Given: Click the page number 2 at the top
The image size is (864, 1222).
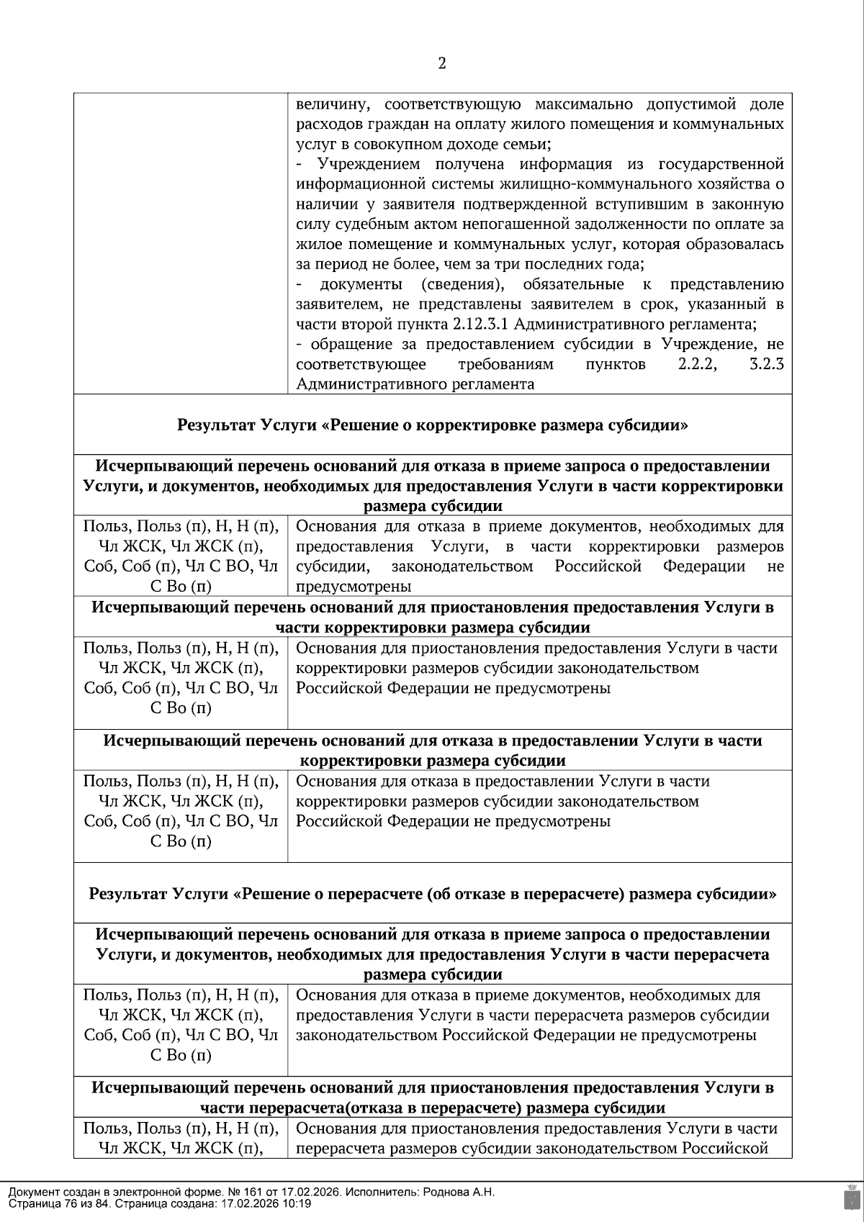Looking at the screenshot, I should click(442, 64).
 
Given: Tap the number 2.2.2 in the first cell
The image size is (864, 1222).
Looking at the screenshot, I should click(697, 364).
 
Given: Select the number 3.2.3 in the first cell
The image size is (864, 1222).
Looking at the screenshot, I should click(766, 364).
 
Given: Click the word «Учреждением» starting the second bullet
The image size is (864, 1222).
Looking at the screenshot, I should click(361, 164).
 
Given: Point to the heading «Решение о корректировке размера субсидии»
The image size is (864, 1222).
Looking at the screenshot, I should click(433, 425).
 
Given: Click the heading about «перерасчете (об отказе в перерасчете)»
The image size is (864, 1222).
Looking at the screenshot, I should click(433, 894).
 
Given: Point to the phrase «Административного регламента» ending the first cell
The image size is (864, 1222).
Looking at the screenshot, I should click(415, 384).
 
